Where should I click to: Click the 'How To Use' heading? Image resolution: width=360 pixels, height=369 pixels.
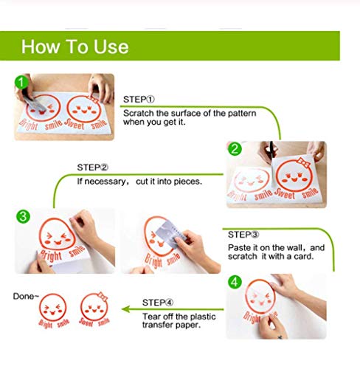click(75, 46)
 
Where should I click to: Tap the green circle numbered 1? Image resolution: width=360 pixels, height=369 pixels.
click(21, 82)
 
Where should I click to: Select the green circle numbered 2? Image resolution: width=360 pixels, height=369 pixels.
click(235, 149)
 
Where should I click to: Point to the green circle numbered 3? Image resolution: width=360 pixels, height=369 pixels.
click(23, 217)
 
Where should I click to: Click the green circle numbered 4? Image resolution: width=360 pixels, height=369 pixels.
click(235, 282)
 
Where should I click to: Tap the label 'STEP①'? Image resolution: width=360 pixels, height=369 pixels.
click(139, 100)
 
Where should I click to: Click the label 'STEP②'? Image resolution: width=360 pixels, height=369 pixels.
click(93, 168)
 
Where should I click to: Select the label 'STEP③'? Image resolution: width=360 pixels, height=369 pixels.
click(243, 235)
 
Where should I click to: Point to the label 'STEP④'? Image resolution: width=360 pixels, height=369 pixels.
click(158, 303)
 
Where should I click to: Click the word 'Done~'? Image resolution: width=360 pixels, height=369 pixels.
click(26, 296)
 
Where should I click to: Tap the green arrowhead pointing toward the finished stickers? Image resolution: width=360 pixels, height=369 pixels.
click(126, 309)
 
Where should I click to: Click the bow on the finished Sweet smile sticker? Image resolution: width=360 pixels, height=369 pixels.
click(103, 297)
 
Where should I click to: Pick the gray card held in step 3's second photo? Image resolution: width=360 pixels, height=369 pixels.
click(170, 234)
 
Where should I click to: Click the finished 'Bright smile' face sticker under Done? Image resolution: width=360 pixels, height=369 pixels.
click(52, 311)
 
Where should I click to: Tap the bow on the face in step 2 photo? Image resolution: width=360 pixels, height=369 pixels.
click(303, 162)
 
